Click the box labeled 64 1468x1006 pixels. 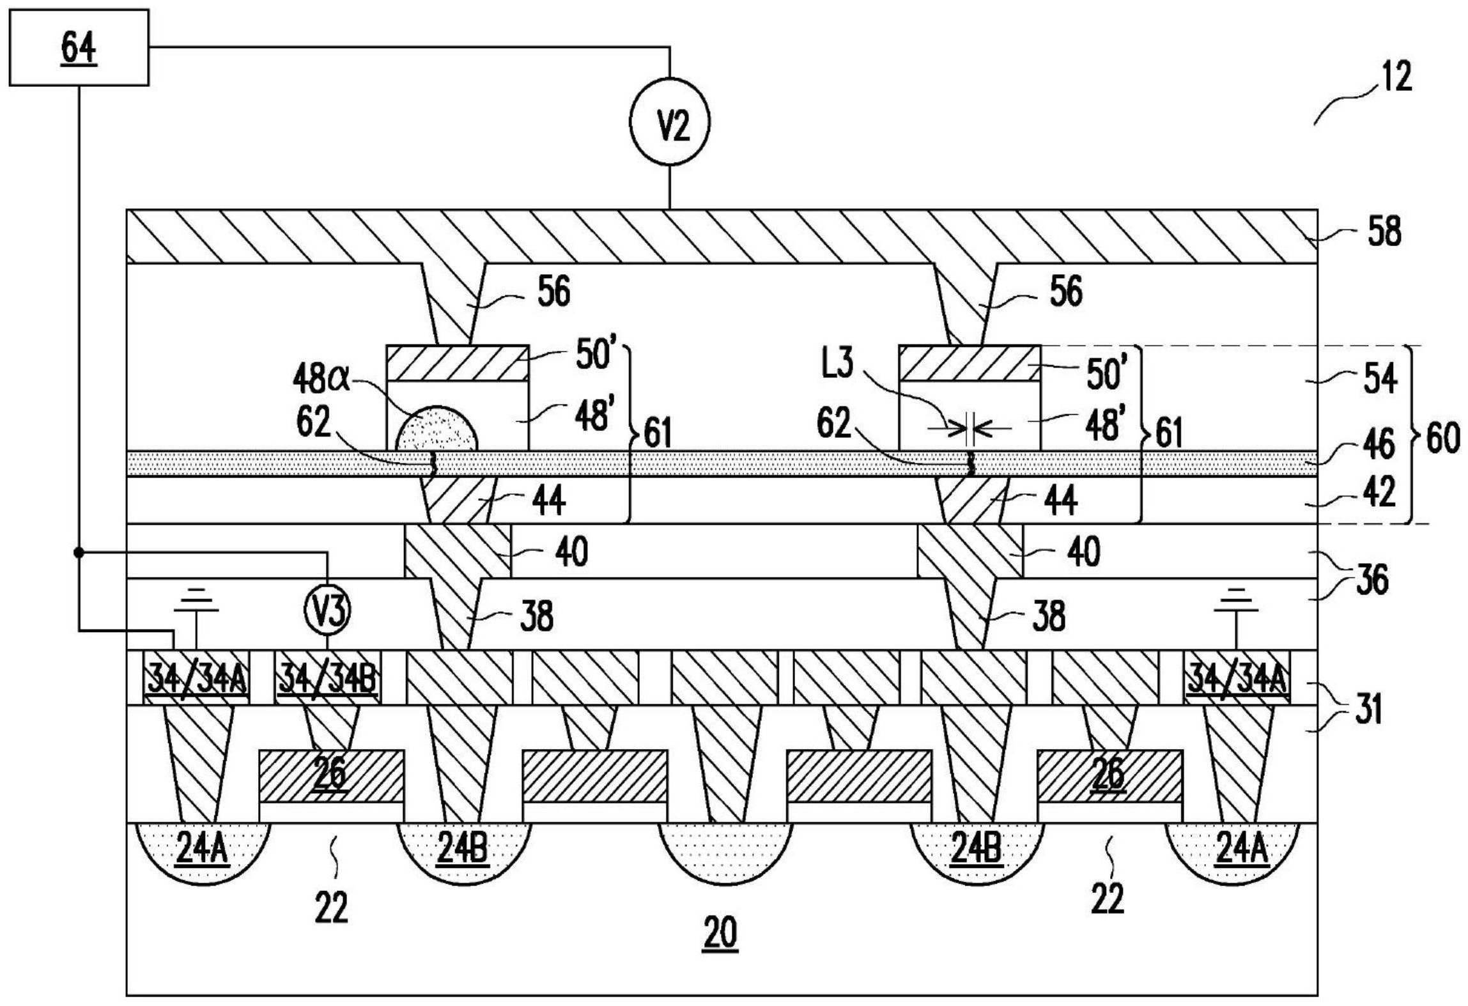79,47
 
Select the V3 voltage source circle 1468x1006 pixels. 327,611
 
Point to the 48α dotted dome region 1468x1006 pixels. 437,429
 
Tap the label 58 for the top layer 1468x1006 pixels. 1384,231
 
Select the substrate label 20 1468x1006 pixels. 720,933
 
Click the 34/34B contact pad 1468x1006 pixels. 327,677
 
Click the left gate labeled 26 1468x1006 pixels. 330,776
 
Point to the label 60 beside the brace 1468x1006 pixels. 1442,439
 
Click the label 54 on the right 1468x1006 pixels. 1380,378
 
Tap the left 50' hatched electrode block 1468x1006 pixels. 458,363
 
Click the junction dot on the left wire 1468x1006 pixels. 79,552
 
